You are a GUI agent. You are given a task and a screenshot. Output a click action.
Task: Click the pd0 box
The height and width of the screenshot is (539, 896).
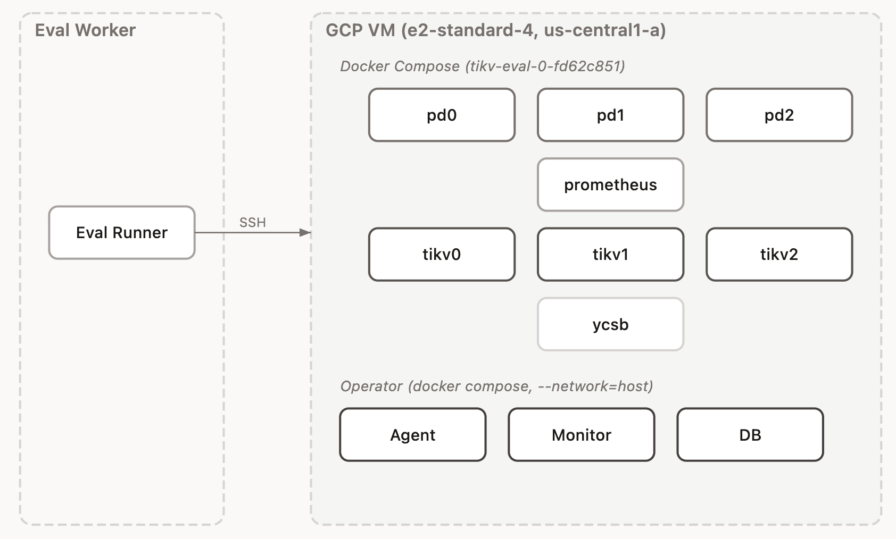point(442,115)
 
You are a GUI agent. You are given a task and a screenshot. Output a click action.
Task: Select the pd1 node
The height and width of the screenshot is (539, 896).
point(610,115)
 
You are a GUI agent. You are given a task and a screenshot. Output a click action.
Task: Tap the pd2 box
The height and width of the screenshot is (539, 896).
point(779,115)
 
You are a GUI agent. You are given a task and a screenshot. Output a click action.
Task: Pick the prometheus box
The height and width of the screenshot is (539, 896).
point(610,184)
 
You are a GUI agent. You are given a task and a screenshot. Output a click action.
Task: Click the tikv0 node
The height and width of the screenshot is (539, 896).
point(442,254)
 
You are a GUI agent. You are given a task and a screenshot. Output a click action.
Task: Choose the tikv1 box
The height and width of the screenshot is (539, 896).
point(610,254)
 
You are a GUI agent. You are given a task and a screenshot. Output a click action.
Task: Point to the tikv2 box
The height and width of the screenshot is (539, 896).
point(779,254)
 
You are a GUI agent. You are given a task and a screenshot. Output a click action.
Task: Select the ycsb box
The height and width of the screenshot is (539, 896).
point(610,324)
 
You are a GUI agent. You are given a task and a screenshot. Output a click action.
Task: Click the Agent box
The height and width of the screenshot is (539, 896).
point(412,435)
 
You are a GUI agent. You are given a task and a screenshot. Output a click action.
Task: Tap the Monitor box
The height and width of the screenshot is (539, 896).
point(581,435)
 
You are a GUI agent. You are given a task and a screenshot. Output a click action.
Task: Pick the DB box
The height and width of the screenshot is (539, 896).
point(750,435)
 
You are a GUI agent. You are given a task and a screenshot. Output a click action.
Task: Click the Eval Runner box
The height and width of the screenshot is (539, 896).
point(122,232)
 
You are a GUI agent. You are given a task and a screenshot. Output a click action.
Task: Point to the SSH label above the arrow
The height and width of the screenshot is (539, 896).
point(252,222)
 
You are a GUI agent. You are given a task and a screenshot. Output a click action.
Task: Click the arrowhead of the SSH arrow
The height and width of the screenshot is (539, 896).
point(305,232)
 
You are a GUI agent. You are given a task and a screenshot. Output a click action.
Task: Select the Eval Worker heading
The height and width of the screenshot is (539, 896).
point(85,30)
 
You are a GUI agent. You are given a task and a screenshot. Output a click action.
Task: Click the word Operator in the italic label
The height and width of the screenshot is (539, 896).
point(371,386)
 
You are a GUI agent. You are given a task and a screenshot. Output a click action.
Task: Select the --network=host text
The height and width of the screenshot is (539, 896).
point(595,386)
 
